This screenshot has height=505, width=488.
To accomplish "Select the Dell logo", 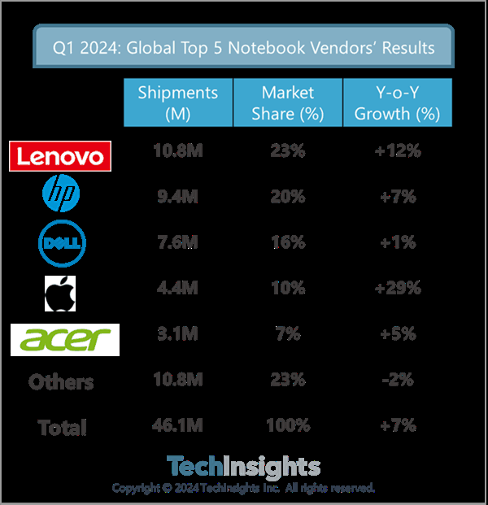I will (59, 242).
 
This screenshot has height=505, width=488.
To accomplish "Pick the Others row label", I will (61, 382).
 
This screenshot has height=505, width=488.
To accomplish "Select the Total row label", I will (62, 427).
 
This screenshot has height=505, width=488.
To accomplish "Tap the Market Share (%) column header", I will (287, 102).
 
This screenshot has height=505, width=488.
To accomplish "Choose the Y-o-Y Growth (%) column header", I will (398, 102).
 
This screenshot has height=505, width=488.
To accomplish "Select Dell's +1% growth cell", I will (398, 242).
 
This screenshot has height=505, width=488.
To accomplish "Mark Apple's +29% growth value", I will (398, 289).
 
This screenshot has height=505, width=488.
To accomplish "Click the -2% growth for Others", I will (398, 380).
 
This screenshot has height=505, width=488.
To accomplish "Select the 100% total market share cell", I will (287, 425).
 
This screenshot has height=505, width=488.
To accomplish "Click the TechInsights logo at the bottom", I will (243, 467).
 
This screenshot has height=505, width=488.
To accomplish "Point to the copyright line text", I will (243, 488).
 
